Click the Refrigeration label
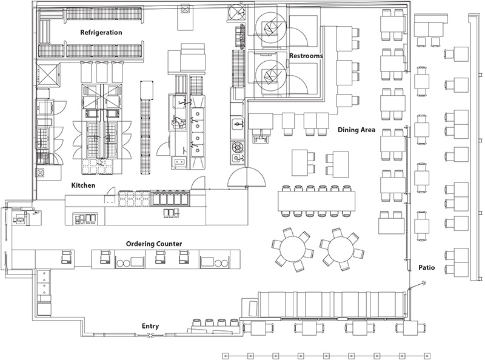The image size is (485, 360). click(x=101, y=32)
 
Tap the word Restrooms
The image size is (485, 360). click(x=305, y=56)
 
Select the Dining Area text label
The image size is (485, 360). click(x=357, y=130)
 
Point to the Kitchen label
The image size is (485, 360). click(x=83, y=185)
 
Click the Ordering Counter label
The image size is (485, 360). click(x=154, y=244)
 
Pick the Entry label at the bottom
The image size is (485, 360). click(x=150, y=326)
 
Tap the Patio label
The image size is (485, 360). click(x=429, y=267)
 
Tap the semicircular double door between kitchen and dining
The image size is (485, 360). click(x=247, y=176)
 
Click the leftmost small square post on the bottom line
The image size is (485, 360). click(x=225, y=355)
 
